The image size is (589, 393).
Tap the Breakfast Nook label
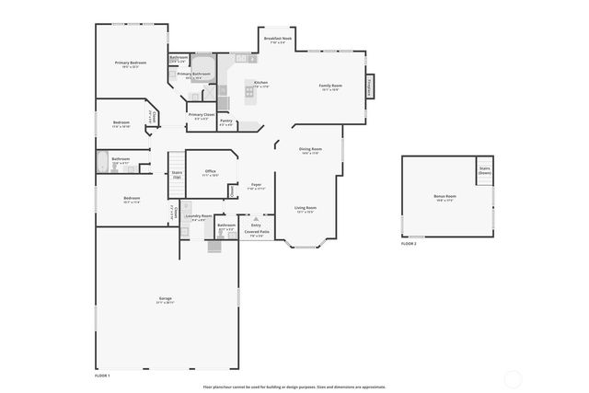coord(277,39)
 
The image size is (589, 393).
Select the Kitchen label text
coord(260,83)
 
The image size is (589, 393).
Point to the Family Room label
coord(330,86)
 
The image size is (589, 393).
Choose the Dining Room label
coord(310,149)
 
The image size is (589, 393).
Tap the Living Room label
coord(305,208)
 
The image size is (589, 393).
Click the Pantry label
coord(225,121)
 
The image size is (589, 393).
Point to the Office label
coord(210,171)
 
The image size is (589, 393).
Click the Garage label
coord(166,299)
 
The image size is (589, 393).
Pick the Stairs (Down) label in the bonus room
coord(483,170)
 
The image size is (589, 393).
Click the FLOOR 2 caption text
coord(409,244)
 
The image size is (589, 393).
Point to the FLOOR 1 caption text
coord(102,376)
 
